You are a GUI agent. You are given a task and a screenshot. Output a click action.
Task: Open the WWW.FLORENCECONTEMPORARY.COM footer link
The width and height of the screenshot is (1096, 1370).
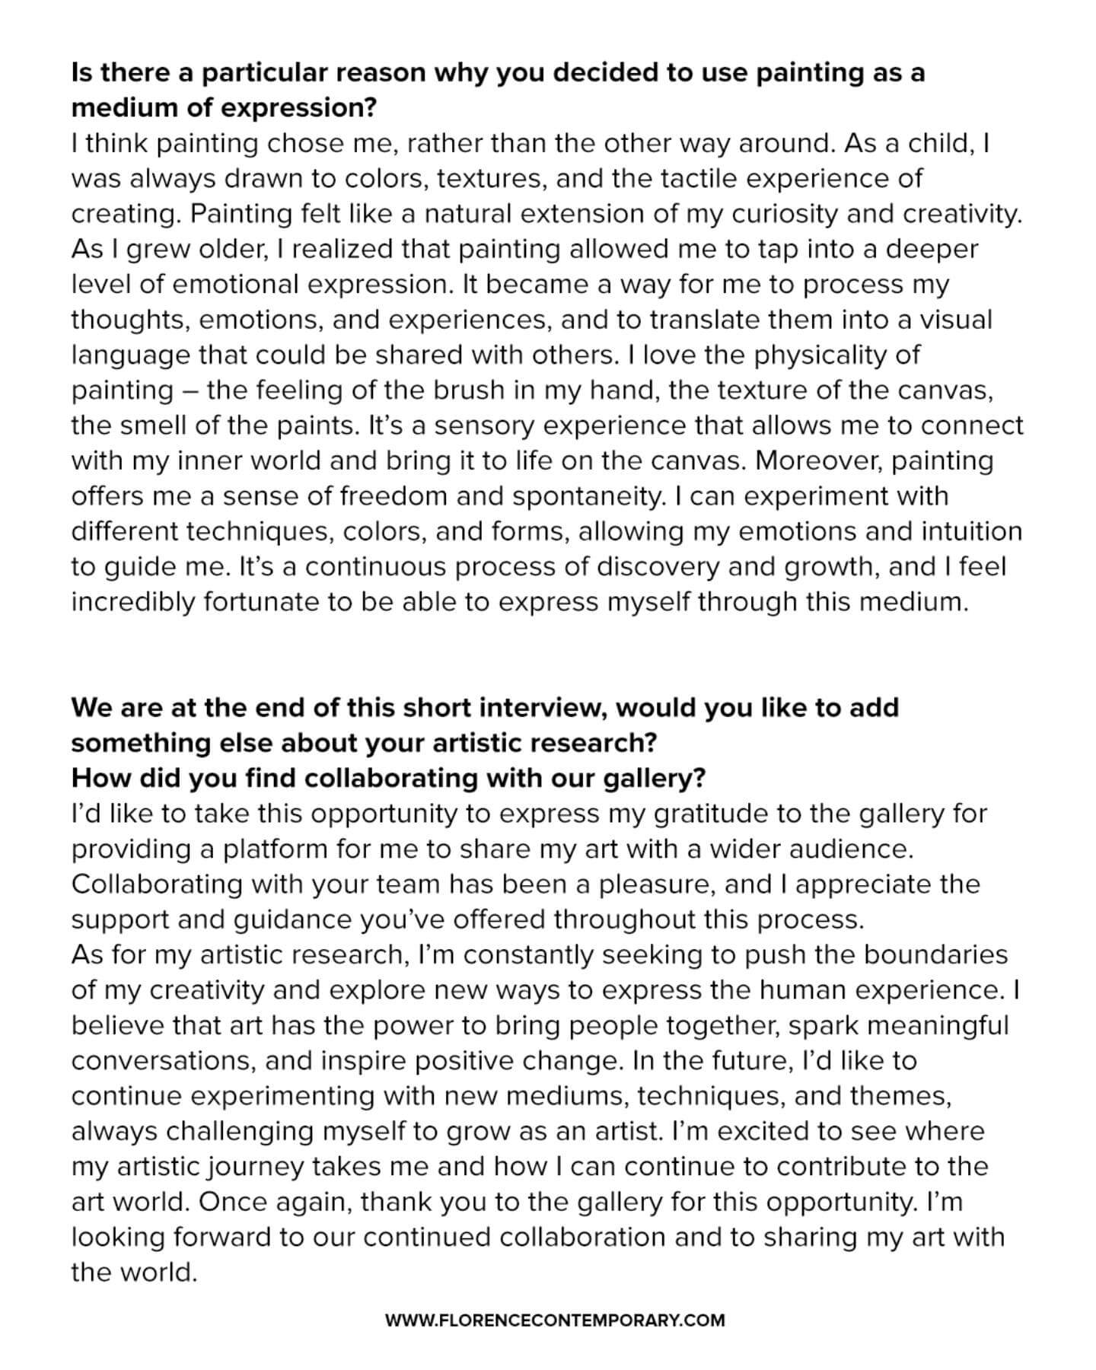(555, 1321)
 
